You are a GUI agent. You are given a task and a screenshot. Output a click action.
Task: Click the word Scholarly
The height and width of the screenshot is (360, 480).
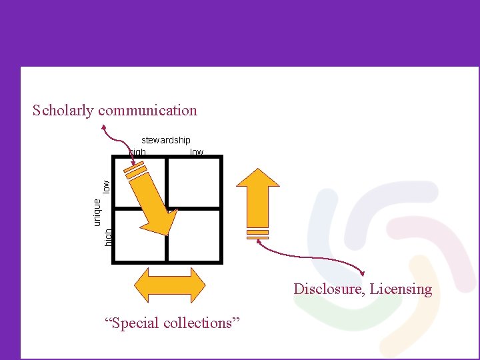(63, 111)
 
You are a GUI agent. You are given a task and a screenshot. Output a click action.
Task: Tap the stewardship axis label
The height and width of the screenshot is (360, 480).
(165, 140)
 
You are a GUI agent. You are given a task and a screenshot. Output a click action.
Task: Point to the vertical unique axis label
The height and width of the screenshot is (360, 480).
(97, 207)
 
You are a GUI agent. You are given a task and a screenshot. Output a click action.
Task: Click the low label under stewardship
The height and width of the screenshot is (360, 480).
(197, 152)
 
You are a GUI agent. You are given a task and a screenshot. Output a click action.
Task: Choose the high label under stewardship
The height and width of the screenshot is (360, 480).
(137, 152)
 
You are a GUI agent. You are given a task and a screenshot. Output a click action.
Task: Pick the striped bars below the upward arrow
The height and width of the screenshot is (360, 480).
(257, 234)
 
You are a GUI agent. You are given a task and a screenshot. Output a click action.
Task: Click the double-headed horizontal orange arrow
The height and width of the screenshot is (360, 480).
(170, 285)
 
